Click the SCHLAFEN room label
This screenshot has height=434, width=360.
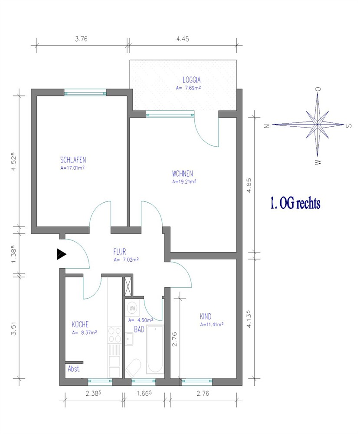73,160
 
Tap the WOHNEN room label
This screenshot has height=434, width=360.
182,174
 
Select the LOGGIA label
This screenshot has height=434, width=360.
191,80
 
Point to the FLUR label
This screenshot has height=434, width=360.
120,252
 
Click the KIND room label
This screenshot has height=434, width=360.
206,316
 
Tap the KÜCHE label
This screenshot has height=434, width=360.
80,324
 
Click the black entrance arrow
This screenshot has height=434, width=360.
61,254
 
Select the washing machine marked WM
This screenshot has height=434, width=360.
132,308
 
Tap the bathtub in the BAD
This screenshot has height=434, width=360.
155,349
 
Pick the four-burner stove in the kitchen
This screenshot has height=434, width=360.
115,335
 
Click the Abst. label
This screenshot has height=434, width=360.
74,368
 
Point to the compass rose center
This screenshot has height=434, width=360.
317,125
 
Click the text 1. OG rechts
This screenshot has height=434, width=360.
295,203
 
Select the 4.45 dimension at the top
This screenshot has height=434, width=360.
183,39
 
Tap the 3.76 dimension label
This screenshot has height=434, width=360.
81,39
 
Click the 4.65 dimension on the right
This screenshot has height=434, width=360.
249,185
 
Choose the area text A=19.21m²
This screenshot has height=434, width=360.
184,181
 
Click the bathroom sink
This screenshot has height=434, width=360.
129,339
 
